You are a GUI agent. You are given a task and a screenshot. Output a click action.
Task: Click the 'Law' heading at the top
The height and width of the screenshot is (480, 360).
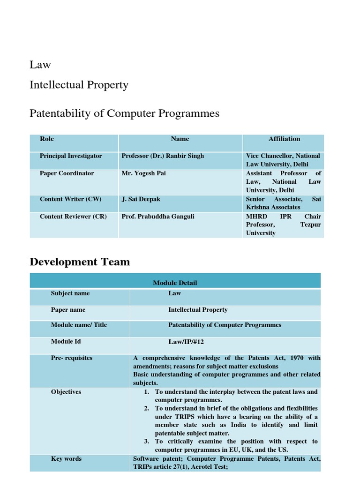click(40, 65)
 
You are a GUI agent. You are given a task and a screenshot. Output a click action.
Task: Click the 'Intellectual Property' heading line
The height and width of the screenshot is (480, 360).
click(79, 85)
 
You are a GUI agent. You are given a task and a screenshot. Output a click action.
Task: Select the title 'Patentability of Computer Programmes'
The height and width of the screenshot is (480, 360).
click(124, 113)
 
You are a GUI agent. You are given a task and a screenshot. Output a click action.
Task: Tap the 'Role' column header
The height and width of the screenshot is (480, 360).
click(47, 139)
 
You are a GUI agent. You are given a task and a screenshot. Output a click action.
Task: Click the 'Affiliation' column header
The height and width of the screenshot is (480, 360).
click(284, 139)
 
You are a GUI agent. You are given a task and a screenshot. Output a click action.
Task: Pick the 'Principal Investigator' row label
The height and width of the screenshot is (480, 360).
click(71, 156)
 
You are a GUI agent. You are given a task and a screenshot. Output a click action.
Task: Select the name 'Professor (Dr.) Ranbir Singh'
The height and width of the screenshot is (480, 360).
click(163, 156)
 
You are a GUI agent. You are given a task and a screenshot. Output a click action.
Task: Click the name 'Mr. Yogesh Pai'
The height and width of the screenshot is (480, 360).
click(143, 173)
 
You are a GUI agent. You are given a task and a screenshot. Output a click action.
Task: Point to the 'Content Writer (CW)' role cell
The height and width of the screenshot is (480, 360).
click(67, 199)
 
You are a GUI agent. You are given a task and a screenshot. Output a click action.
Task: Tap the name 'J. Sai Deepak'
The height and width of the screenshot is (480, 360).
click(141, 199)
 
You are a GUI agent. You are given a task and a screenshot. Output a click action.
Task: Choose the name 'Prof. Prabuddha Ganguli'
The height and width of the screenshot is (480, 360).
click(157, 217)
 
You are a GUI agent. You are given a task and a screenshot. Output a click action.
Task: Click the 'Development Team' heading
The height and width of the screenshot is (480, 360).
click(80, 262)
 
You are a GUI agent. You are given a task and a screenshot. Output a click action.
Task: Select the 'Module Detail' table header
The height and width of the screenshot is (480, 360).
click(175, 283)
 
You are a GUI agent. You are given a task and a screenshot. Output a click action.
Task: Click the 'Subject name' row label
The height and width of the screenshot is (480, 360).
click(70, 293)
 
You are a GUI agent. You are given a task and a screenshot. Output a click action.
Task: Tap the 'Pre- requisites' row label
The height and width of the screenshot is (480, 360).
click(72, 358)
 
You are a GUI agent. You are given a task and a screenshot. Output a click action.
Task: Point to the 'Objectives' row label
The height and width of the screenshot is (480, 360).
click(66, 392)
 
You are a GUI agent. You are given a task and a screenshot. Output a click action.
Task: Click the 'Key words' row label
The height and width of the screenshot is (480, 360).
click(66, 459)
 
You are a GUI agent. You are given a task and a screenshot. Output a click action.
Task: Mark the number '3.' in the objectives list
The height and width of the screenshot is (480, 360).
click(147, 442)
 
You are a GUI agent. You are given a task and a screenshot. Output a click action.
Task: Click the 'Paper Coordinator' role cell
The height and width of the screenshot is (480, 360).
click(67, 173)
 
